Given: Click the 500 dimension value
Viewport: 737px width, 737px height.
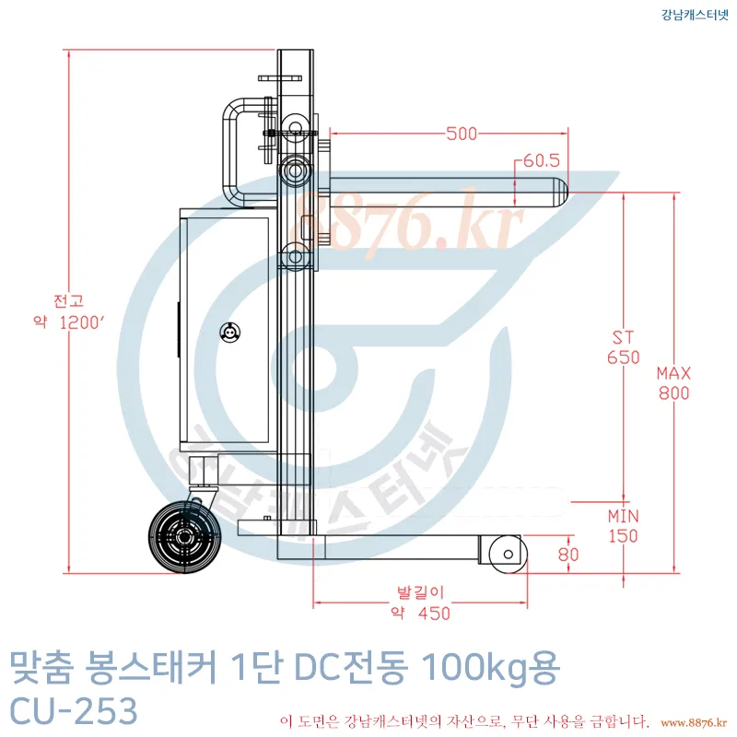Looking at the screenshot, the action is click(x=462, y=134).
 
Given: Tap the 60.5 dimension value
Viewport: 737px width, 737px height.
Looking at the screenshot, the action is click(x=542, y=160).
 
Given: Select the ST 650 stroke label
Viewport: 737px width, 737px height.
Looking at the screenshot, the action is click(x=624, y=347).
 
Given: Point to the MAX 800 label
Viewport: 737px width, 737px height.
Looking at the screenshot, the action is click(x=673, y=383).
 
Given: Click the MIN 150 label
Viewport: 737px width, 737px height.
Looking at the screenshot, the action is click(x=624, y=526).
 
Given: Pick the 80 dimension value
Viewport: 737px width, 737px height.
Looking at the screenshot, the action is click(x=568, y=555).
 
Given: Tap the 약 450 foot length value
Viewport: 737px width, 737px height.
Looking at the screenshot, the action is click(x=421, y=613).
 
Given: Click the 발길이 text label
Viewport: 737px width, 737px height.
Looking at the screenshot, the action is click(x=420, y=592).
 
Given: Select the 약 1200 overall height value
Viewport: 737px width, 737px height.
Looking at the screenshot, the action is click(x=68, y=322).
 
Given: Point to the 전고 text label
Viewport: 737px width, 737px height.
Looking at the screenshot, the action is click(x=68, y=301).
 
